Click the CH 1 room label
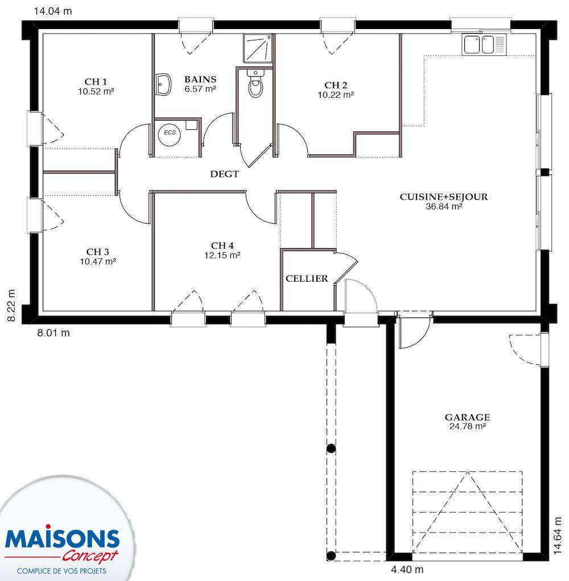(x=96, y=81)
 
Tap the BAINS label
(x=200, y=79)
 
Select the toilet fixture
(x=255, y=83)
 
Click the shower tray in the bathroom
(x=258, y=48)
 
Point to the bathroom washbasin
(x=163, y=84)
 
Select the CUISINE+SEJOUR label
(x=443, y=197)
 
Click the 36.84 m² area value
(x=444, y=207)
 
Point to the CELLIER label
(x=307, y=278)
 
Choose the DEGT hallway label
(x=225, y=174)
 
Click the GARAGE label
(x=467, y=417)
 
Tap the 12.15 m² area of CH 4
(x=222, y=256)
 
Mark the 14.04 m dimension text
(x=53, y=11)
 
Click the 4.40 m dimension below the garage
(x=407, y=569)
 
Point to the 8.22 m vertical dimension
(x=12, y=306)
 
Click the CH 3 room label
(x=98, y=252)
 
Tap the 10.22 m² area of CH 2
(x=336, y=95)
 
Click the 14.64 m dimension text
(x=557, y=535)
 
